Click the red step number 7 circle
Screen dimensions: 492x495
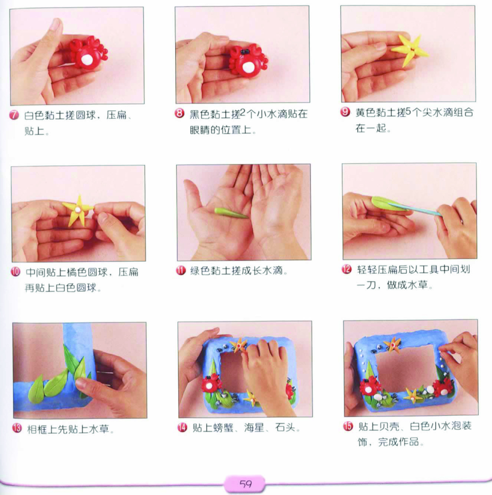[x=14, y=115]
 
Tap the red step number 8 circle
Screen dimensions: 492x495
[x=180, y=113]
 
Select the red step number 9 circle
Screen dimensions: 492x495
[x=345, y=112]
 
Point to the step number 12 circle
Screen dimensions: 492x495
[x=346, y=269]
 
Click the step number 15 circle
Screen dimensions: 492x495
[x=348, y=426]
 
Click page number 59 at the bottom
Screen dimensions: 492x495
[x=246, y=484]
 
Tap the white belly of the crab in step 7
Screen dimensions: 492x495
[x=87, y=59]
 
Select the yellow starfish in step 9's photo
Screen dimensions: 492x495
[x=410, y=50]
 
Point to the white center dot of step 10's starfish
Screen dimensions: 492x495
[x=77, y=210]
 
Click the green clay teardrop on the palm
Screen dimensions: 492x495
[x=231, y=213]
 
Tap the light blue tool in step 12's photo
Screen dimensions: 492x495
[x=415, y=210]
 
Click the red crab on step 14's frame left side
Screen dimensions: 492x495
[x=211, y=383]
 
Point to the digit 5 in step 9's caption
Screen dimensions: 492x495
[x=408, y=111]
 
